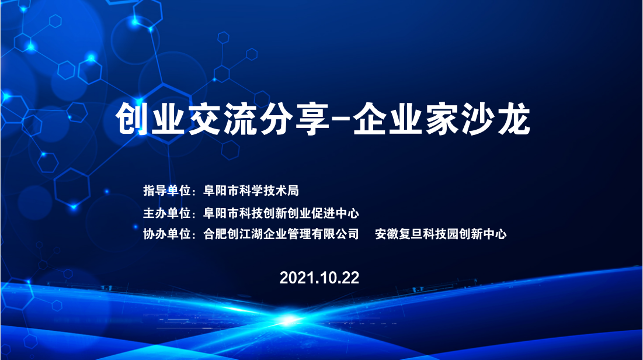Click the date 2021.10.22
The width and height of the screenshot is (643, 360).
click(319, 278)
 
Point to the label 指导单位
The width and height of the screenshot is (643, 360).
click(167, 191)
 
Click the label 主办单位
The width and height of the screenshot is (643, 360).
click(167, 213)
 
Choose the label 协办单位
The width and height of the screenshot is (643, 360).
click(167, 234)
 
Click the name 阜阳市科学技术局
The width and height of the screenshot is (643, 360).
click(251, 191)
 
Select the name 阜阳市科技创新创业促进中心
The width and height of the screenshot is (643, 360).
click(281, 213)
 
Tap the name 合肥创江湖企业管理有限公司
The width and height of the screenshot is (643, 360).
click(281, 234)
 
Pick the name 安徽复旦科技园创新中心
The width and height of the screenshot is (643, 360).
click(440, 234)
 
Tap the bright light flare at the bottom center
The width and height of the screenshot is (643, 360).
click(289, 320)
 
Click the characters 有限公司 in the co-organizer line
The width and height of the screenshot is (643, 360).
click(335, 234)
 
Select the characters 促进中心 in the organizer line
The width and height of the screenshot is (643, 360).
click(335, 213)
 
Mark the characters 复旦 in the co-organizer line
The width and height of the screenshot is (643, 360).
click(411, 234)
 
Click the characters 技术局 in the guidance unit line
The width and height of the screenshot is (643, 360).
click(281, 191)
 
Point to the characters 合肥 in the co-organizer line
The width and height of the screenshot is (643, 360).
click(216, 234)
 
